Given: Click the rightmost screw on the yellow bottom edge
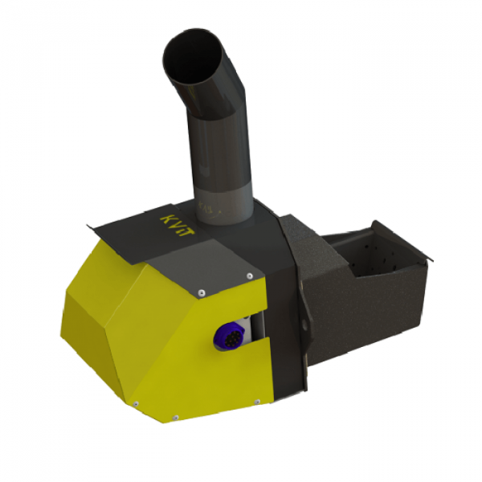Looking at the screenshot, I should (x=256, y=401).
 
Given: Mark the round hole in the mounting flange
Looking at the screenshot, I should (x=304, y=324).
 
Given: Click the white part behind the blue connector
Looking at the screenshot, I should (x=251, y=329).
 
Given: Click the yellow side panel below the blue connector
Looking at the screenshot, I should (x=201, y=378).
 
